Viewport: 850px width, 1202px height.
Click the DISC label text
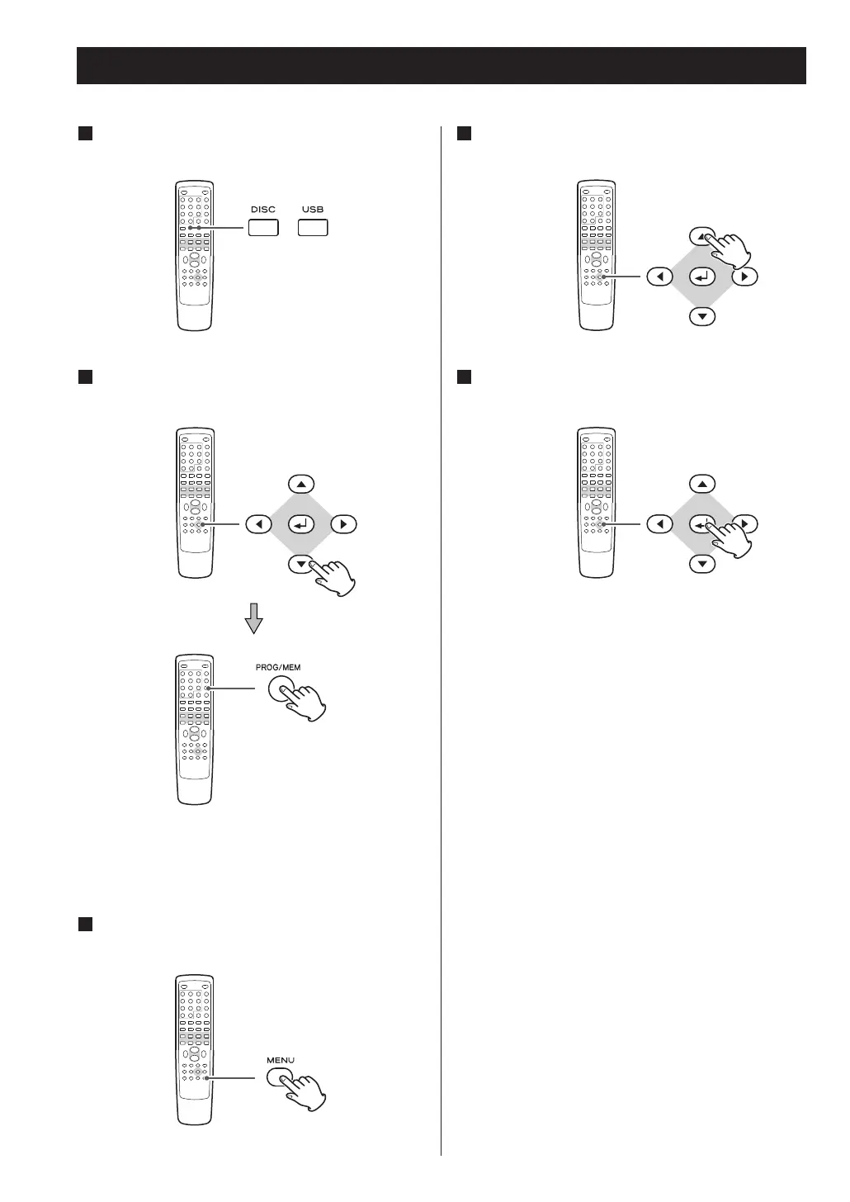point(263,210)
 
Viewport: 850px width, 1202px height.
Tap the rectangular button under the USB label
point(313,228)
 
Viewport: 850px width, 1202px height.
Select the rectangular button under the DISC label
point(263,228)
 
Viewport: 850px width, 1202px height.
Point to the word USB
point(313,210)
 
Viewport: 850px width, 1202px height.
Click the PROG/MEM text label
point(284,667)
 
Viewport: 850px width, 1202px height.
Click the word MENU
point(281,1060)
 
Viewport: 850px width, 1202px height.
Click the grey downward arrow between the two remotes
point(255,618)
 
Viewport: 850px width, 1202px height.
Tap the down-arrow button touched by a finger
point(300,565)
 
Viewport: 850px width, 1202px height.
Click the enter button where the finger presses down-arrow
point(300,524)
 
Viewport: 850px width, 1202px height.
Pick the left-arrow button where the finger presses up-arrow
point(659,277)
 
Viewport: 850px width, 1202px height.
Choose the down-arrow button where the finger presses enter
point(701,564)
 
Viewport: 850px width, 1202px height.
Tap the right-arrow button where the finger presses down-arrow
point(342,524)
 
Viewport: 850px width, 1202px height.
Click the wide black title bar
point(441,65)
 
